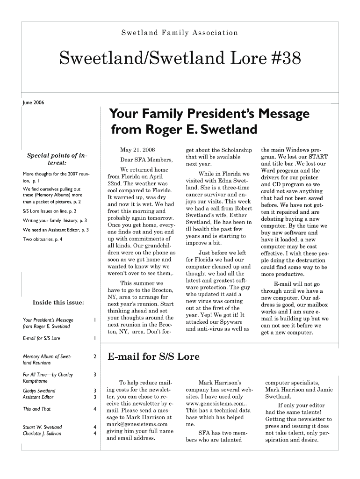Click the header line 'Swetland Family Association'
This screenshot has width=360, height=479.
click(x=180, y=33)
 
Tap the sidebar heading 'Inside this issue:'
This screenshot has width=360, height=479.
click(x=58, y=302)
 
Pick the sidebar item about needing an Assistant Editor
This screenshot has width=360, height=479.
click(x=56, y=230)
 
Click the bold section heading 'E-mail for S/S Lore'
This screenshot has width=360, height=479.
click(x=153, y=357)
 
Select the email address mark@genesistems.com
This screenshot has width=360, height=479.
click(x=137, y=424)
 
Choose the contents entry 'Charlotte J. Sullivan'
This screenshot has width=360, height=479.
click(x=42, y=434)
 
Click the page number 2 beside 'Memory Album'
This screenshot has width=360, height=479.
click(x=95, y=357)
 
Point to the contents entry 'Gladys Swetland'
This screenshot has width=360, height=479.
click(x=39, y=391)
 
